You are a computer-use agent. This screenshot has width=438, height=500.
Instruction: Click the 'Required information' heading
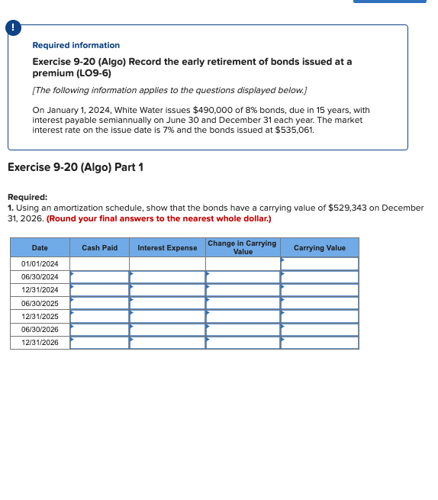[76, 46]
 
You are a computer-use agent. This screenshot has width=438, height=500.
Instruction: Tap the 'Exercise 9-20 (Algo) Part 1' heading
[75, 167]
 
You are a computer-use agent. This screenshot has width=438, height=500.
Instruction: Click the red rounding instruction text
[158, 219]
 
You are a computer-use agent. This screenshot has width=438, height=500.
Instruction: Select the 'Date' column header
[40, 248]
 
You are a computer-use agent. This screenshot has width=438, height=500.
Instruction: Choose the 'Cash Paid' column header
[99, 248]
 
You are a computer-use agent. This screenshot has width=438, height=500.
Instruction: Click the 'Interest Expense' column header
[167, 248]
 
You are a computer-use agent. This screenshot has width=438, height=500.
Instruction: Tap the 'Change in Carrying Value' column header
[243, 247]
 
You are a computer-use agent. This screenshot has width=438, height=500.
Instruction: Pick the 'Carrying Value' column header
[319, 248]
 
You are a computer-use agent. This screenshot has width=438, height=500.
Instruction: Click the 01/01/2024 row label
[40, 264]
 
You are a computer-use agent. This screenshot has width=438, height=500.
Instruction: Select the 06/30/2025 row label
[40, 303]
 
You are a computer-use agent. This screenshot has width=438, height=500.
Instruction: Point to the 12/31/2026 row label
[40, 343]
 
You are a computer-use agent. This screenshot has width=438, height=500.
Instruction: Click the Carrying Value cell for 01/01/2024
[319, 264]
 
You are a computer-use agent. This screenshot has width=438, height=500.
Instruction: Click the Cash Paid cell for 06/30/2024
[99, 277]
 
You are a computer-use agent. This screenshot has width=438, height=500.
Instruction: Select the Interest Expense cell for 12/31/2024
[167, 290]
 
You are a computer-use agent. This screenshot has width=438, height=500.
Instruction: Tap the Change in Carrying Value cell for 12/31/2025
[243, 316]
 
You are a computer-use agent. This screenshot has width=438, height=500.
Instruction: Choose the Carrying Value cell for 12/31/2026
[319, 343]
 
